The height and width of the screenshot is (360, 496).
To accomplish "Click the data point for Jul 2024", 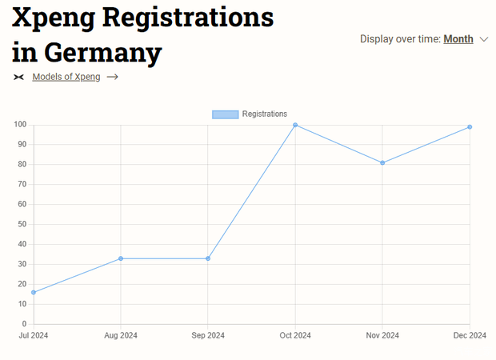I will (x=34, y=292).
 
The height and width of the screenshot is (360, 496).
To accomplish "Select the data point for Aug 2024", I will (x=121, y=258).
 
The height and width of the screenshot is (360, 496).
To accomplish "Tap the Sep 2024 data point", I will (x=208, y=258).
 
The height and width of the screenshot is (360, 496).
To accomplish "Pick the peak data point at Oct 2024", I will (x=295, y=125).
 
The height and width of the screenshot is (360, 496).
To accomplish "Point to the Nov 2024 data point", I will (x=382, y=162).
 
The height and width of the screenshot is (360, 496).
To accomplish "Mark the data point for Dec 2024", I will (x=470, y=126).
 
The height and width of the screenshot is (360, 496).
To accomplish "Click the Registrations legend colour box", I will (x=225, y=114).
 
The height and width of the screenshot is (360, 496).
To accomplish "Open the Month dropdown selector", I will (x=458, y=38).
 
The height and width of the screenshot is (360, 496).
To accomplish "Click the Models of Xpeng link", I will (x=66, y=77).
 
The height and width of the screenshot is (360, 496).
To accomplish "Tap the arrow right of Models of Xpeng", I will (x=113, y=77).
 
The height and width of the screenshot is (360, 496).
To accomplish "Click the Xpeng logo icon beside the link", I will (x=19, y=77).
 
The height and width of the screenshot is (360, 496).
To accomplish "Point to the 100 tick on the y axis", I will (x=20, y=125).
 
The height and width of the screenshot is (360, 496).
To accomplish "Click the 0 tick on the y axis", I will (x=25, y=324).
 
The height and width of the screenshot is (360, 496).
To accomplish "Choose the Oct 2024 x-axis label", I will (x=295, y=335).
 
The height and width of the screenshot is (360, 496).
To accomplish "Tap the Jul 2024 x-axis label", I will (x=34, y=335).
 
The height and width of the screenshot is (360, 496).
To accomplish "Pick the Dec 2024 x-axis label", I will (x=469, y=335).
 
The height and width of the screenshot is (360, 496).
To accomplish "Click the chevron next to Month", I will (x=483, y=38).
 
